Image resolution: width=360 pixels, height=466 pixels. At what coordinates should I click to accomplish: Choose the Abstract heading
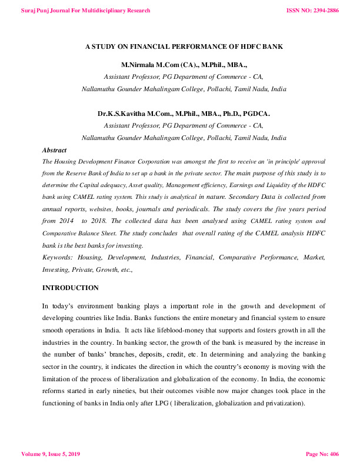pyautogui.click(x=54, y=151)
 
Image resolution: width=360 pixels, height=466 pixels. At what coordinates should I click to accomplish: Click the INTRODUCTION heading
pyautogui.click(x=71, y=288)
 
